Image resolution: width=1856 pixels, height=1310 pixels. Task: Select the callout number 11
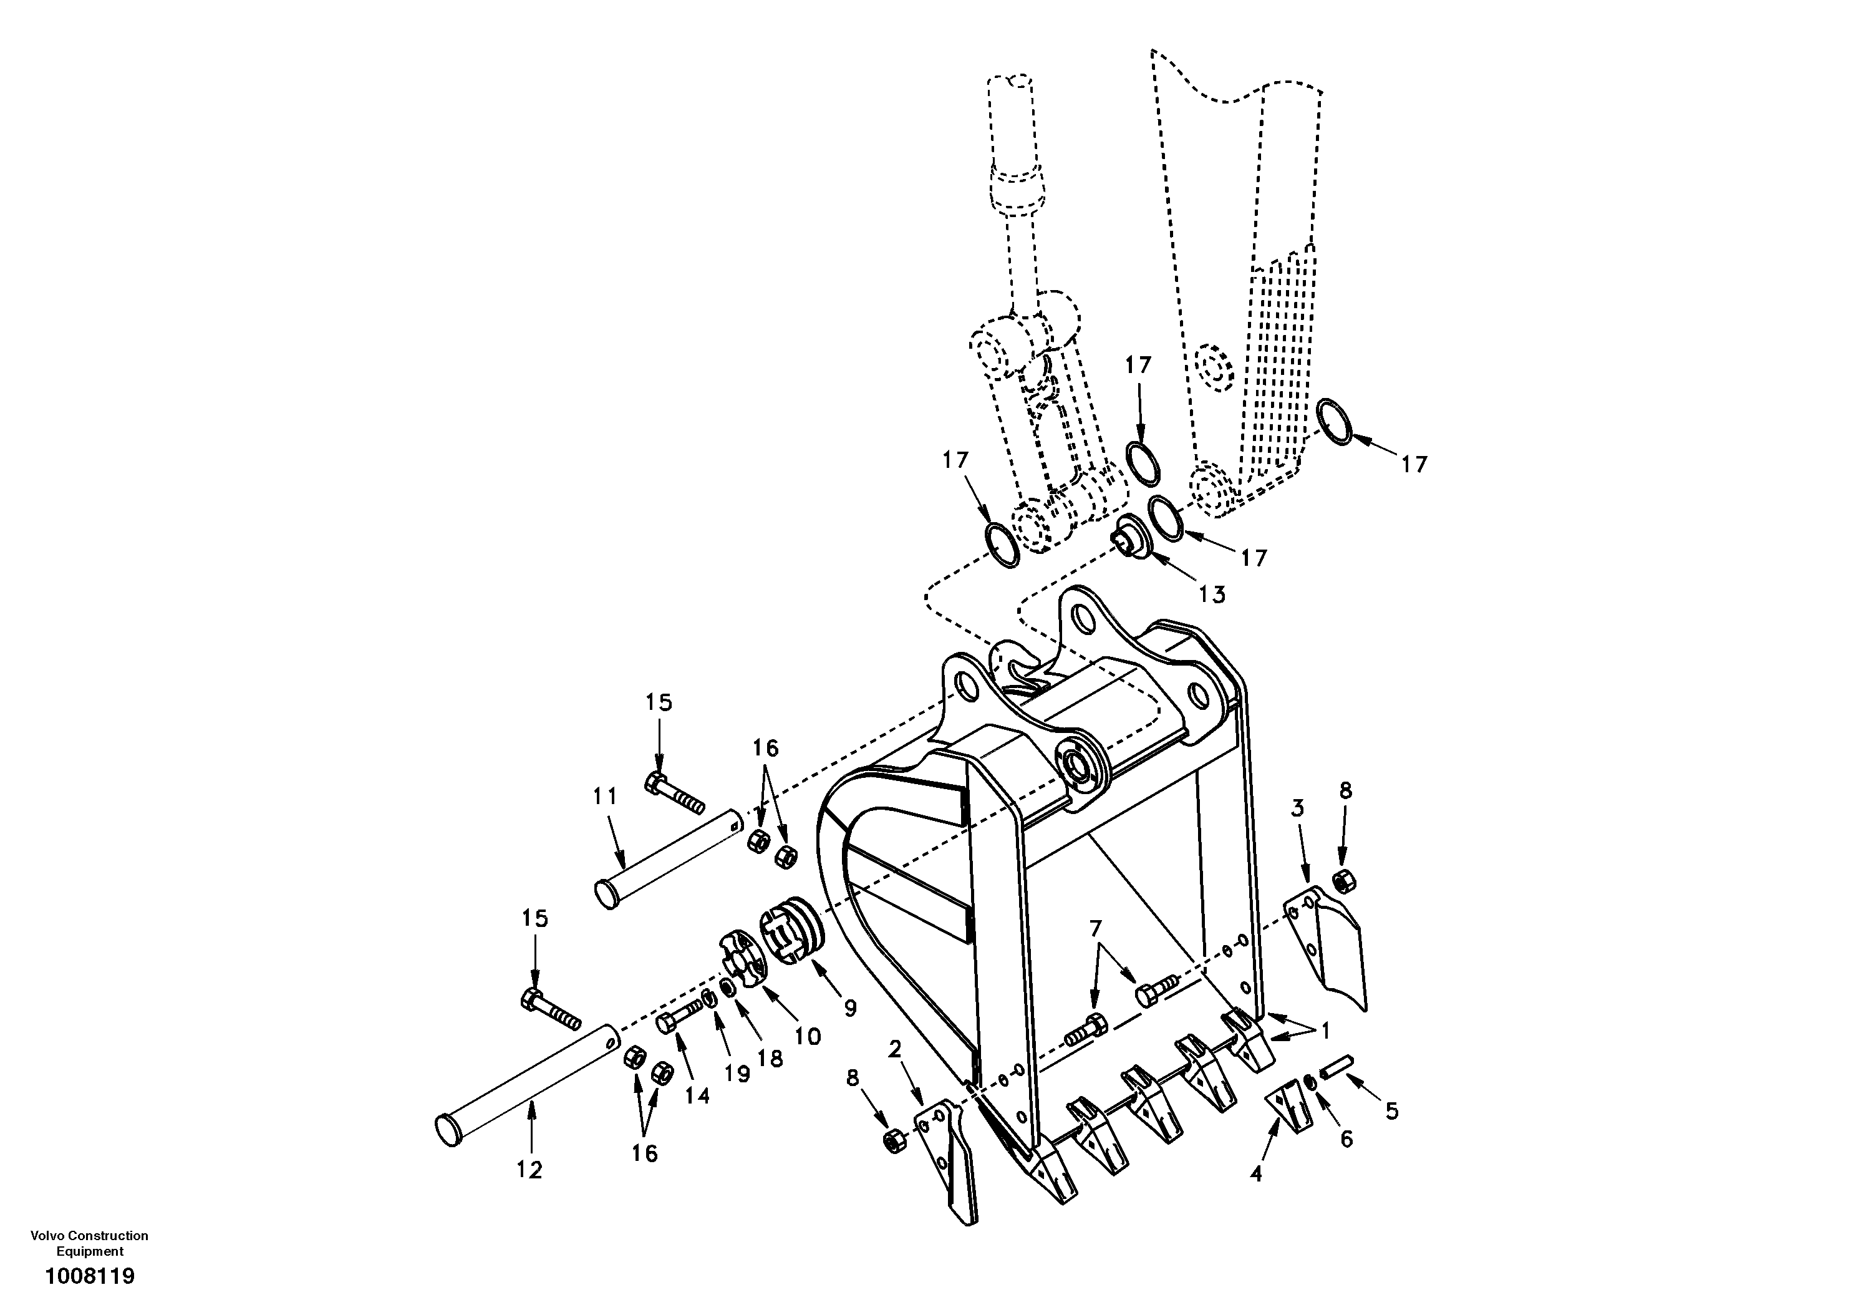click(605, 797)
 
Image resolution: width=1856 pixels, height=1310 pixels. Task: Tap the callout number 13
click(1212, 595)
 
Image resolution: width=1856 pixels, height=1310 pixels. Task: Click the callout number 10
click(808, 1036)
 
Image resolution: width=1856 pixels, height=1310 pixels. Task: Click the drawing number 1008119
click(90, 1277)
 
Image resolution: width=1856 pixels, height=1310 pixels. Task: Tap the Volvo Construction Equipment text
click(90, 1243)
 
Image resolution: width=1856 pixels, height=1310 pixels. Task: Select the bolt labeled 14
click(683, 1016)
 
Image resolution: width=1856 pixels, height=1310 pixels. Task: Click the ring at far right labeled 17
click(1334, 421)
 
